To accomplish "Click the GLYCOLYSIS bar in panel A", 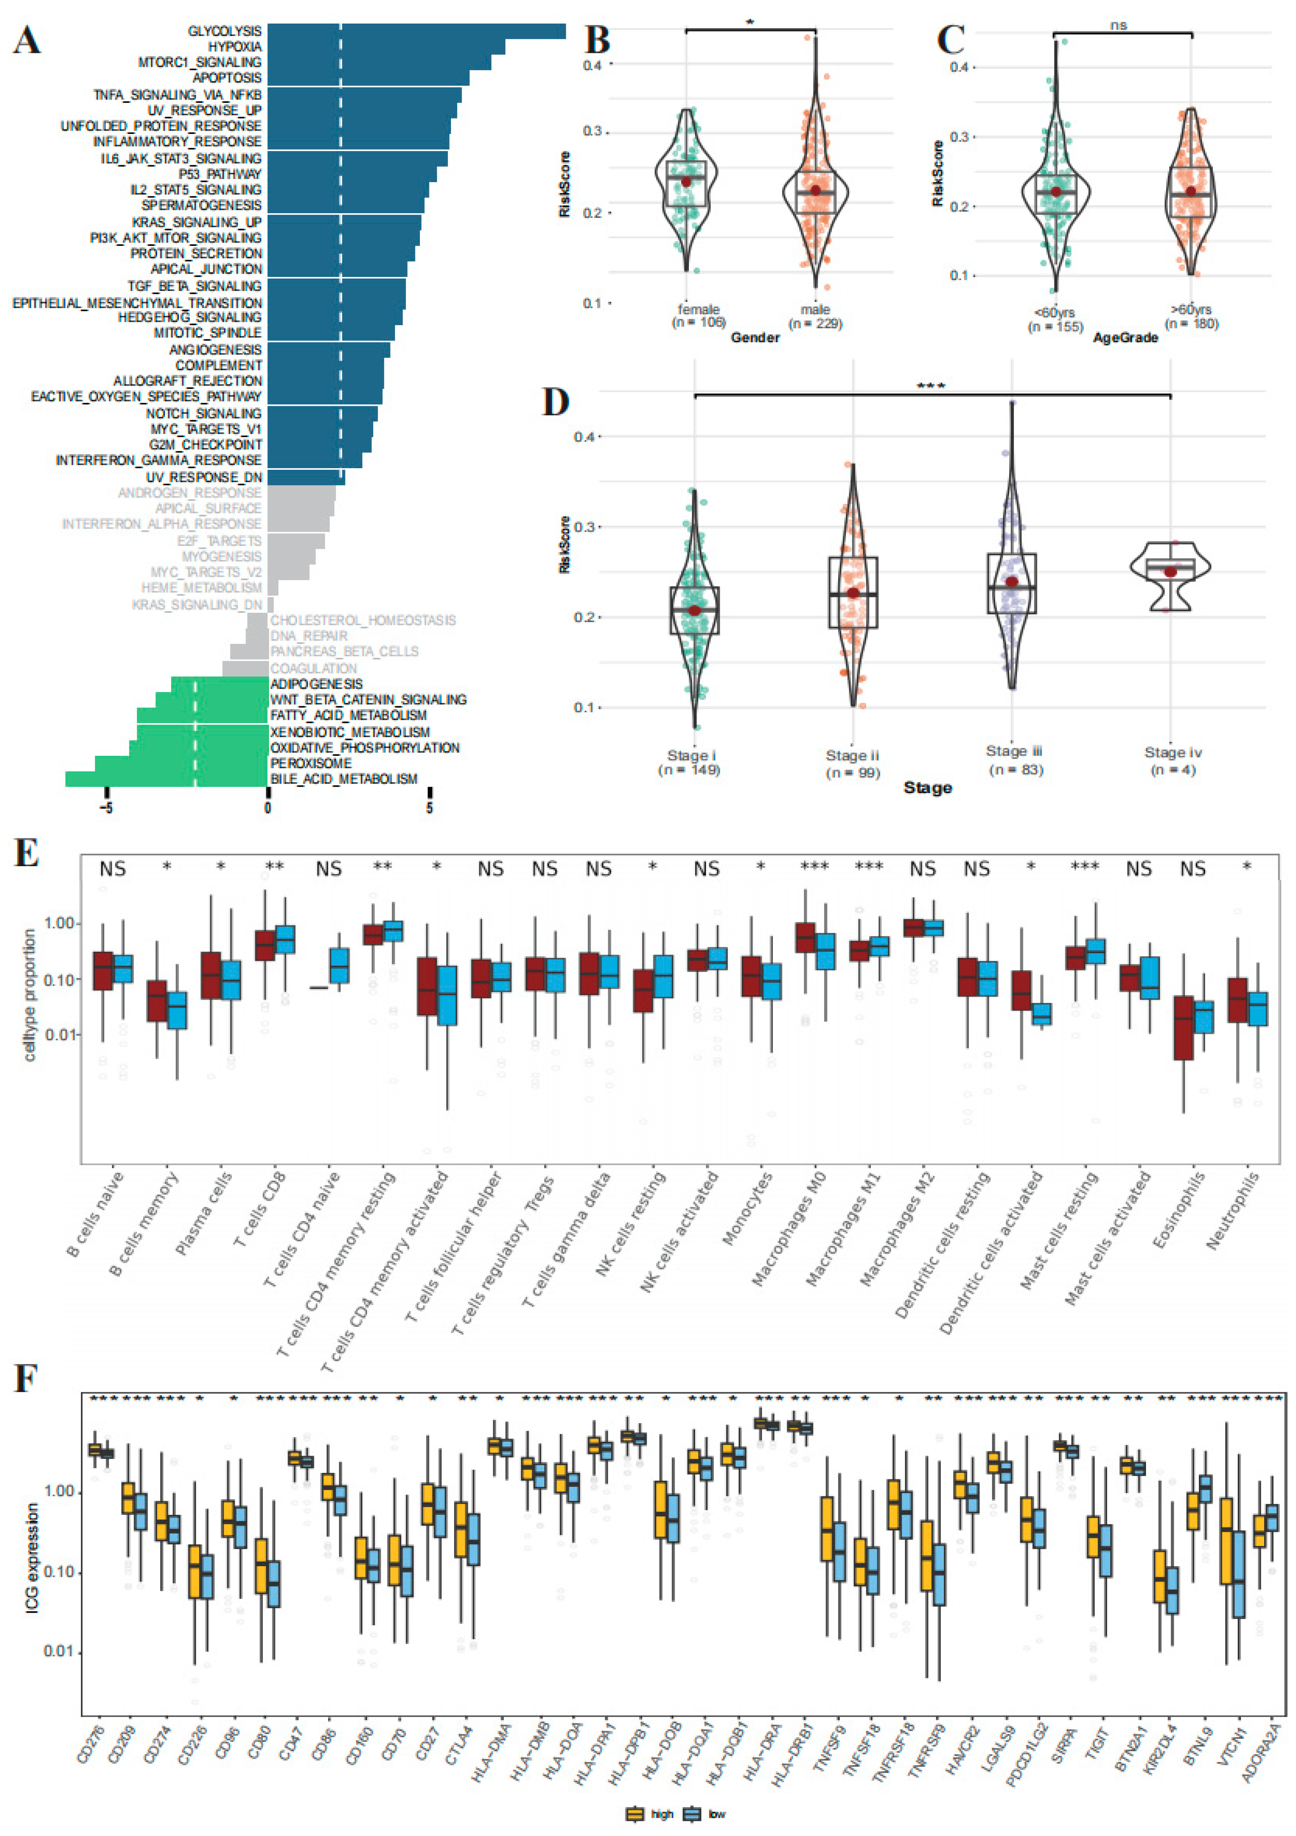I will point(416,31).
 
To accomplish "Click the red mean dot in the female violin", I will point(686,182).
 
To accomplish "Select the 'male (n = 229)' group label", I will point(815,316).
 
